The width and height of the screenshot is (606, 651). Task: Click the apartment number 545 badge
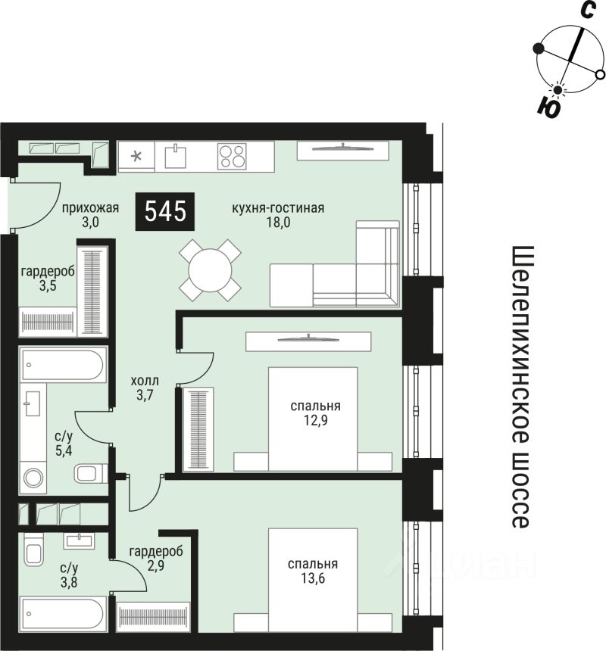pyautogui.click(x=165, y=211)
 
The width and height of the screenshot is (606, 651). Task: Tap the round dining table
pyautogui.click(x=211, y=269)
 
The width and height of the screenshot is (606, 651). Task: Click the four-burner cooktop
pyautogui.click(x=232, y=157)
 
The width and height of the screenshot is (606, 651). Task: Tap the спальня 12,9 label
pyautogui.click(x=314, y=412)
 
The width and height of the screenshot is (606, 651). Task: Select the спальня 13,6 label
pyautogui.click(x=313, y=570)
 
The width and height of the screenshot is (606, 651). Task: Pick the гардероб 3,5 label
pyautogui.click(x=47, y=279)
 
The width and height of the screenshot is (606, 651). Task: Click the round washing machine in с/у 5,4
pyautogui.click(x=34, y=478)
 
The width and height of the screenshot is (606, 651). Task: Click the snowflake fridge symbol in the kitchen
pyautogui.click(x=137, y=157)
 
